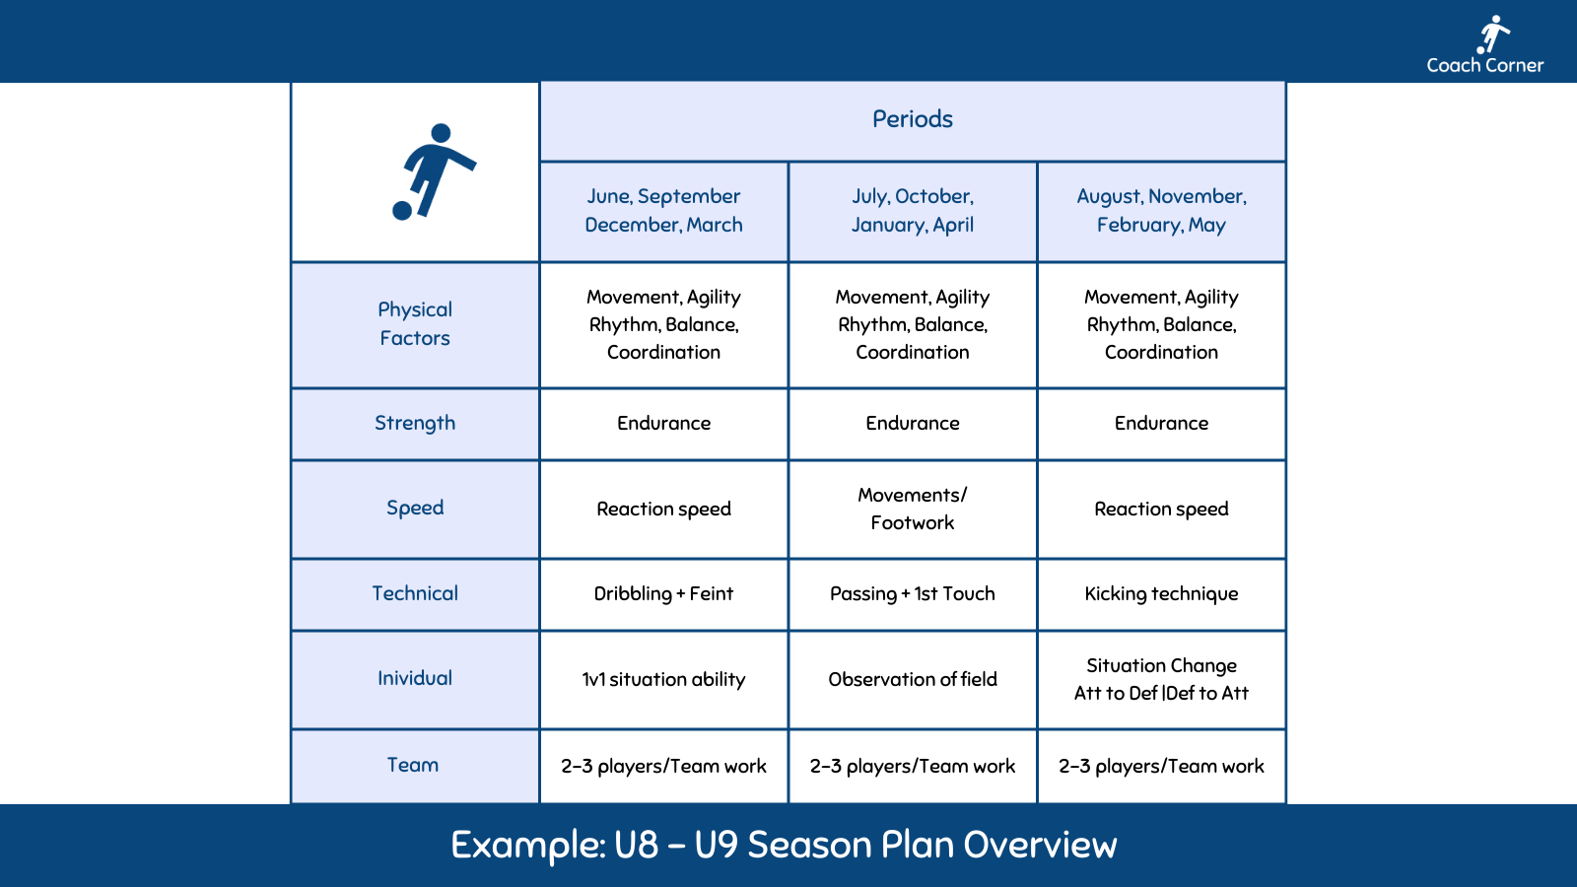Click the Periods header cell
pyautogui.click(x=913, y=119)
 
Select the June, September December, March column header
pyautogui.click(x=663, y=211)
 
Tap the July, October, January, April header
pyautogui.click(x=913, y=211)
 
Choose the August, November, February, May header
pyautogui.click(x=1161, y=211)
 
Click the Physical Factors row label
pyautogui.click(x=415, y=324)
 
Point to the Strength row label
pyautogui.click(x=415, y=423)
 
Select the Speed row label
pyautogui.click(x=415, y=509)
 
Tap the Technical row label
pyautogui.click(x=415, y=593)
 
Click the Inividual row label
pyautogui.click(x=415, y=679)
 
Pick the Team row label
pyautogui.click(x=413, y=766)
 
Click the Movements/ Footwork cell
pyautogui.click(x=913, y=509)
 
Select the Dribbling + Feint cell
pyautogui.click(x=663, y=593)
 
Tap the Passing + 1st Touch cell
pyautogui.click(x=913, y=593)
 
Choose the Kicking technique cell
pyautogui.click(x=1161, y=593)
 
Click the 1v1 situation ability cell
pyautogui.click(x=663, y=679)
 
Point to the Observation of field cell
pyautogui.click(x=913, y=679)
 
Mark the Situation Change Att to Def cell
pyautogui.click(x=1161, y=679)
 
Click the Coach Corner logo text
pyautogui.click(x=1484, y=65)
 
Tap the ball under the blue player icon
pyautogui.click(x=402, y=210)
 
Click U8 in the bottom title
pyautogui.click(x=636, y=846)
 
